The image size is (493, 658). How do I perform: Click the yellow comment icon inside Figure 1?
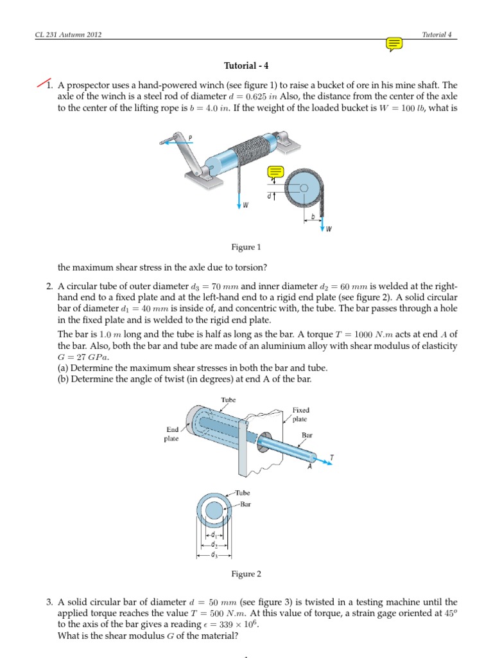click(276, 172)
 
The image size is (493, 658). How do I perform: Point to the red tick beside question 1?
click(45, 84)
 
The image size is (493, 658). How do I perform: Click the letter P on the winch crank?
click(190, 138)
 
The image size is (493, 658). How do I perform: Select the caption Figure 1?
click(246, 247)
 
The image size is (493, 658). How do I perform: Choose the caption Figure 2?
click(246, 574)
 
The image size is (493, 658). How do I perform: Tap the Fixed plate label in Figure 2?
click(300, 414)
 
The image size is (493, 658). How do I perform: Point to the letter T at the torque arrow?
click(331, 458)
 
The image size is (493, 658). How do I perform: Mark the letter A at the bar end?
click(309, 467)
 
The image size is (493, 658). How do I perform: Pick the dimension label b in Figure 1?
click(313, 217)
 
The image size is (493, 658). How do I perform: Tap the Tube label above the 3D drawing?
click(229, 400)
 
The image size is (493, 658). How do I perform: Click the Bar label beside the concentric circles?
click(245, 504)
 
